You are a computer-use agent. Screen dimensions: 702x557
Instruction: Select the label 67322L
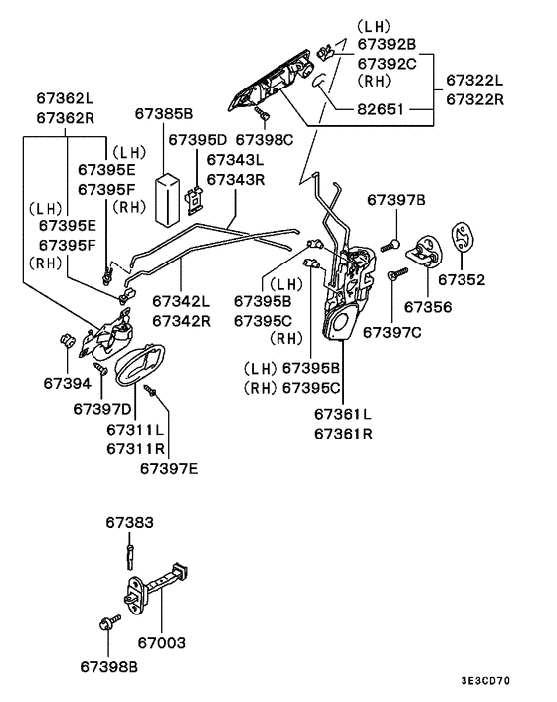click(x=473, y=79)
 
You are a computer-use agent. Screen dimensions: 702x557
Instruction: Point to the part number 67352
click(x=462, y=280)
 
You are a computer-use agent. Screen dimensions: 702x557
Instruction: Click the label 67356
click(x=428, y=307)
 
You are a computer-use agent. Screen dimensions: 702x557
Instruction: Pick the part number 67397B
click(x=396, y=200)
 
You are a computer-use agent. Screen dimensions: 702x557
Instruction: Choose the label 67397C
click(x=391, y=331)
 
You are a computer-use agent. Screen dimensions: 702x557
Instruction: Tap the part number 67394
click(x=67, y=382)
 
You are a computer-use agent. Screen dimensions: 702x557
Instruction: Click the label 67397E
click(x=168, y=467)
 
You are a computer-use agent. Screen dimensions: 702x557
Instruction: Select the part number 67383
click(x=130, y=522)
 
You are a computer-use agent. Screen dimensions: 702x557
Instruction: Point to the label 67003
click(x=161, y=643)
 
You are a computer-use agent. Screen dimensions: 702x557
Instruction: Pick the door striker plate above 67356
click(x=426, y=248)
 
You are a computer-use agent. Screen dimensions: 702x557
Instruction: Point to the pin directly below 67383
click(x=130, y=549)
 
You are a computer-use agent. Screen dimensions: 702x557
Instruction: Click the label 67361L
click(x=342, y=414)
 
